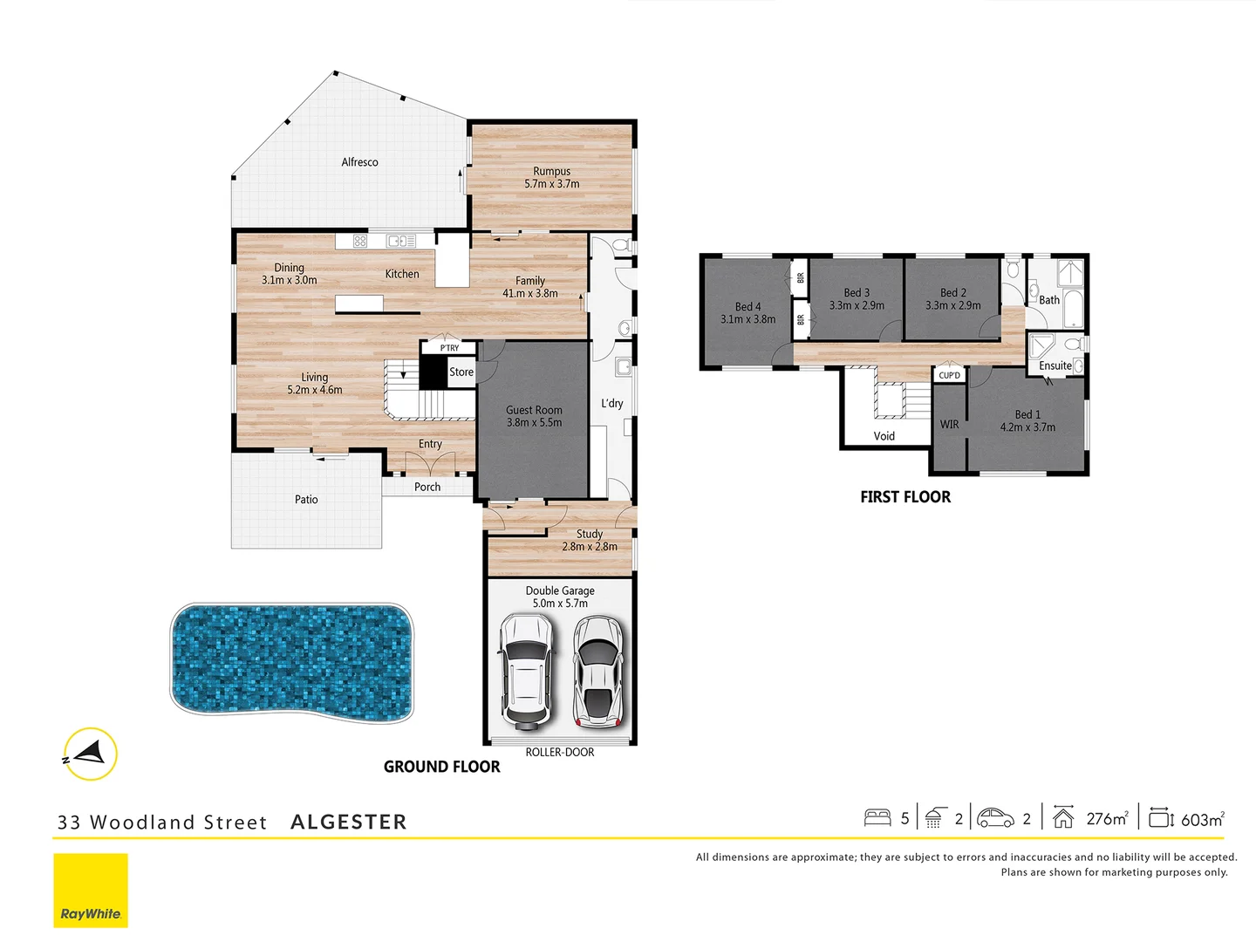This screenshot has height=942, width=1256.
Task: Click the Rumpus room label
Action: click(551, 172)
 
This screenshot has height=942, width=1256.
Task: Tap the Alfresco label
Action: click(359, 162)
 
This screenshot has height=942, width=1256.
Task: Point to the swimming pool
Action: click(291, 659)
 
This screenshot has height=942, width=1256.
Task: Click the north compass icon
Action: click(90, 754)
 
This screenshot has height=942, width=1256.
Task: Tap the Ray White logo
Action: click(91, 890)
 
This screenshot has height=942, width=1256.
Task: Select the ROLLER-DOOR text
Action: click(559, 752)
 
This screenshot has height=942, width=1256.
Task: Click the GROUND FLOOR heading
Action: click(441, 767)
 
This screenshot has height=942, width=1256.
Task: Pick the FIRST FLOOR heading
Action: click(904, 497)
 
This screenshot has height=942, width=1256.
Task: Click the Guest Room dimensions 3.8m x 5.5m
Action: click(534, 423)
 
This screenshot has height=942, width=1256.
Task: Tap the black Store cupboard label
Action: click(461, 372)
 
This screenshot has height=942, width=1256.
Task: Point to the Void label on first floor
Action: click(884, 436)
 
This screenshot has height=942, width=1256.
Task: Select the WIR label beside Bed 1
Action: click(949, 425)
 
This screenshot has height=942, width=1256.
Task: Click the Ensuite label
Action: click(1055, 366)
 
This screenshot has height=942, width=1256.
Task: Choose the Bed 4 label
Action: click(747, 307)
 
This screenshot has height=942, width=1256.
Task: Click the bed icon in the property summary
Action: click(877, 818)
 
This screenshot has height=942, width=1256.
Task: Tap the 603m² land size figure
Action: click(1202, 819)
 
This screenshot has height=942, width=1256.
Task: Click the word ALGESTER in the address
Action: click(348, 822)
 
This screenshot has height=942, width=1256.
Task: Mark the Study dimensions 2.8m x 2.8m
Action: click(589, 547)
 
